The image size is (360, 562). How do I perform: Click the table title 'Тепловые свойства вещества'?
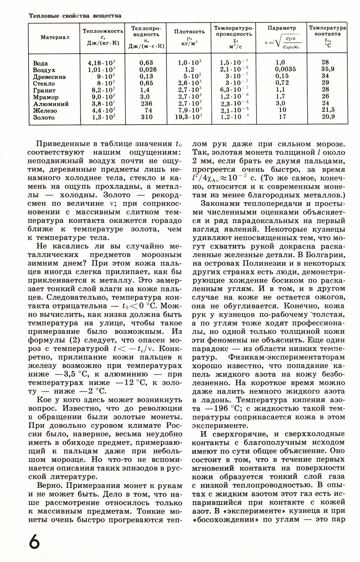coord(75,16)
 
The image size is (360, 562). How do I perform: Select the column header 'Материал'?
coord(55,38)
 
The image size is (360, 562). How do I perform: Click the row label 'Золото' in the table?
coord(44,118)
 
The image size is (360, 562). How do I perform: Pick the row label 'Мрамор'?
coord(46,97)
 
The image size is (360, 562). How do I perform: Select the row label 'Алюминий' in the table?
coord(51,104)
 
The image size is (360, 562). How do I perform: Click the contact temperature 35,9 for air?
coord(327,69)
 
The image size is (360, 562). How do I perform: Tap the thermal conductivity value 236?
coord(146,104)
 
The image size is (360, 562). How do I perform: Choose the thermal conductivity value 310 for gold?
coord(146,117)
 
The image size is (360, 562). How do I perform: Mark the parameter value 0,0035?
coord(285,69)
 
